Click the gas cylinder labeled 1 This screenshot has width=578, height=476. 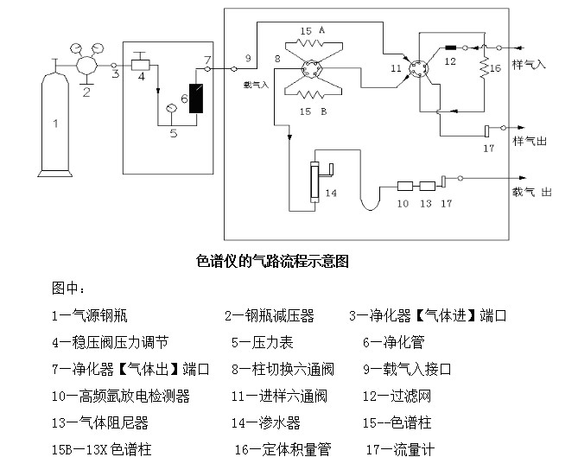55,125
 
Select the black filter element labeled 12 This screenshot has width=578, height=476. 450,48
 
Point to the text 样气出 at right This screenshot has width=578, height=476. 528,140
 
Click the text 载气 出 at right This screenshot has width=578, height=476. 532,192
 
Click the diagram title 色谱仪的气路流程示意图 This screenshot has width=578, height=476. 273,260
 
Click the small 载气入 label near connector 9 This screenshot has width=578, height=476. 257,85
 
